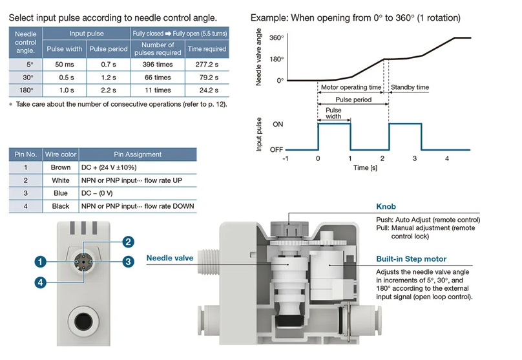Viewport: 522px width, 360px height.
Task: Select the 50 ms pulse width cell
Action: tap(64, 65)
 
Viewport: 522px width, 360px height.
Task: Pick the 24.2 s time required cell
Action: tap(207, 90)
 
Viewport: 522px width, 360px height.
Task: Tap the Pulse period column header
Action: tap(108, 49)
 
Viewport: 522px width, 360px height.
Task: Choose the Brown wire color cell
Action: tap(61, 168)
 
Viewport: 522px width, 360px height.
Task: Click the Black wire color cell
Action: tap(61, 206)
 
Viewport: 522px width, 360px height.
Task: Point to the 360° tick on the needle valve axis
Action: tap(277, 38)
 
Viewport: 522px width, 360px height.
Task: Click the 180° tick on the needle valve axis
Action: tap(277, 59)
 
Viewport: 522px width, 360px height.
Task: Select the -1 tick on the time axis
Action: tap(285, 158)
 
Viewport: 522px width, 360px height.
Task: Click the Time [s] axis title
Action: tap(366, 167)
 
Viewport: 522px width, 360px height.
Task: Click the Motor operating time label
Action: tap(351, 87)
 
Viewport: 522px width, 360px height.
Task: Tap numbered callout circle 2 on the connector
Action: tap(129, 242)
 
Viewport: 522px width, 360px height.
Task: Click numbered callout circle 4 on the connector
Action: tap(41, 282)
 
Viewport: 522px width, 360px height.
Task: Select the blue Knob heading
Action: tap(386, 207)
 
